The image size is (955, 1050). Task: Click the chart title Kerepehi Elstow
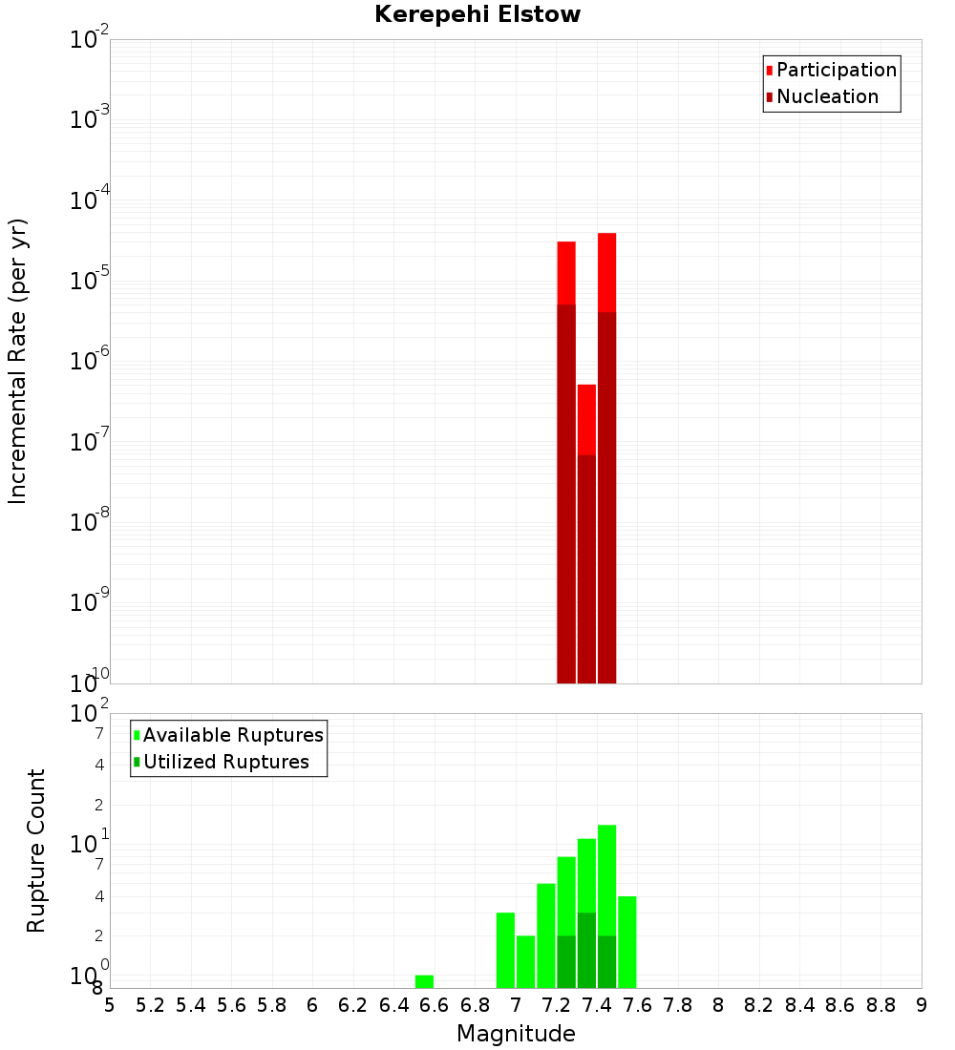[x=477, y=14]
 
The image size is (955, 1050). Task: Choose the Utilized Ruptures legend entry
[x=225, y=762]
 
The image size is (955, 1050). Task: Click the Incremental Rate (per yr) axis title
[x=18, y=362]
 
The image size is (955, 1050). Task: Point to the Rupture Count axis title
[x=36, y=850]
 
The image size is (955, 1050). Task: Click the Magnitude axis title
[x=516, y=1034]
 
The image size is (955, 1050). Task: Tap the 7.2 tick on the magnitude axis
[x=556, y=1004]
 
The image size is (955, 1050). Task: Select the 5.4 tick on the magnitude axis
[x=191, y=1004]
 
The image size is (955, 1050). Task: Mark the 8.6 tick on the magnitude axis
[x=840, y=1004]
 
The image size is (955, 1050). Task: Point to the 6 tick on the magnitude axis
[x=312, y=1004]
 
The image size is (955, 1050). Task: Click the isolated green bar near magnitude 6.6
[x=424, y=981]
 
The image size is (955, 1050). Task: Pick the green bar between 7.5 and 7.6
[x=626, y=941]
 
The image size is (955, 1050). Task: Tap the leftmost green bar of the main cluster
[x=505, y=950]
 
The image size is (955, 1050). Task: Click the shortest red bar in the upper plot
[x=586, y=420]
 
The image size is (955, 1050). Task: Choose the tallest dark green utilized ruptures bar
[x=586, y=950]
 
